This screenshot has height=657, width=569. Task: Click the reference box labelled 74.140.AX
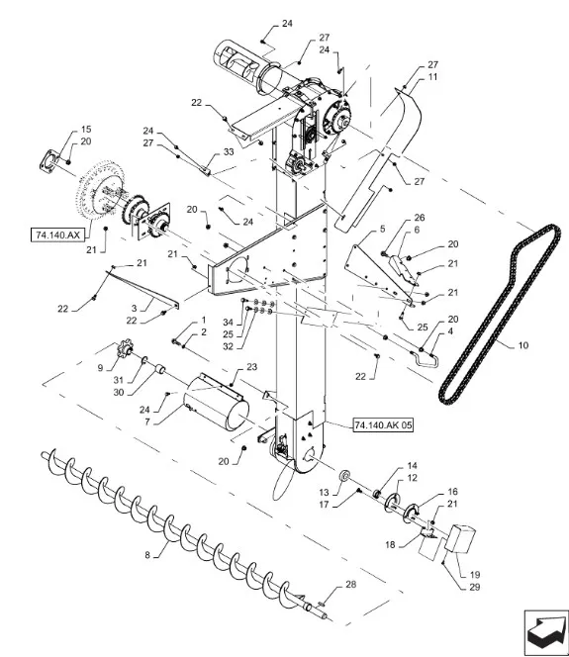click(57, 235)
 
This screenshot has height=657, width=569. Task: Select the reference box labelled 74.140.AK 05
click(383, 424)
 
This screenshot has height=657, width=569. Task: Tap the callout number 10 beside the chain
click(523, 345)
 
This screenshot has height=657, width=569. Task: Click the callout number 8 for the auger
click(147, 555)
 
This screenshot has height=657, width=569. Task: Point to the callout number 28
click(350, 584)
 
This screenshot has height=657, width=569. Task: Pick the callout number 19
click(475, 575)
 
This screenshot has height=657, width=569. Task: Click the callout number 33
click(229, 151)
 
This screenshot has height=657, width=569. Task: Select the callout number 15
click(86, 129)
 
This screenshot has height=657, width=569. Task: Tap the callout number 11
click(432, 76)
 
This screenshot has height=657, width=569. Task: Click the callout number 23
click(251, 367)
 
